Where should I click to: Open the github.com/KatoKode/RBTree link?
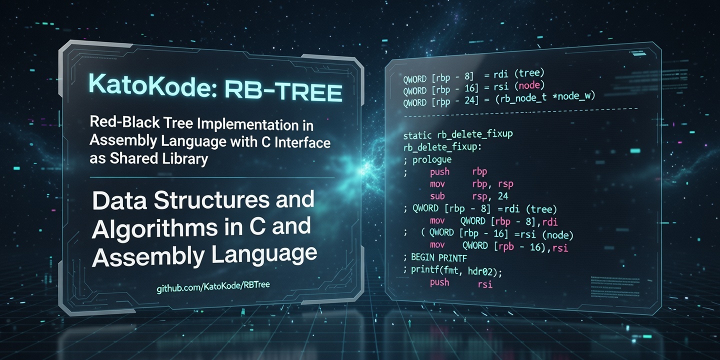213,285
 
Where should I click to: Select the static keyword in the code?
416,135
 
